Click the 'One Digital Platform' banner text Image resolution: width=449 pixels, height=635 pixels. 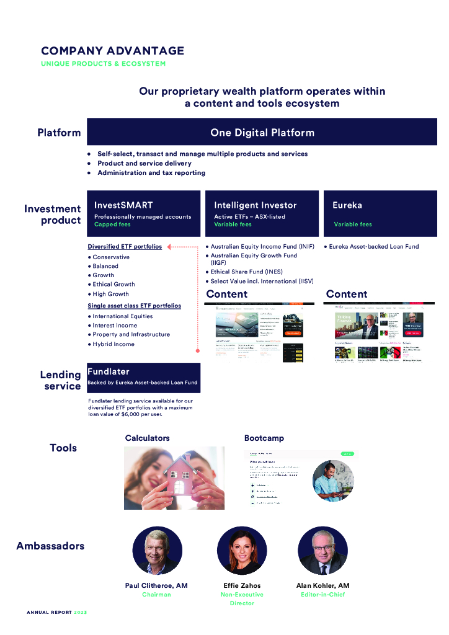262,132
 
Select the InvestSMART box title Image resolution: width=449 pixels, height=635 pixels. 123,205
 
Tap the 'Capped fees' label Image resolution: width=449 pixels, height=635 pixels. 113,224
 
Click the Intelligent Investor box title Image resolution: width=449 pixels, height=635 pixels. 256,205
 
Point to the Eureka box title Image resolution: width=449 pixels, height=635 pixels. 347,205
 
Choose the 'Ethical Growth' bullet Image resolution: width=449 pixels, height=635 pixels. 113,285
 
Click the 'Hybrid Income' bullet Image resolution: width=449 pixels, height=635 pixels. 113,344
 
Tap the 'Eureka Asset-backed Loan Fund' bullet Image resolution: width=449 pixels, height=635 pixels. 374,247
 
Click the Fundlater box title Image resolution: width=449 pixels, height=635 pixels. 109,371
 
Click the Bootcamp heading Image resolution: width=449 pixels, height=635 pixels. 264,438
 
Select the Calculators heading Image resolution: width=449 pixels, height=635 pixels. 147,438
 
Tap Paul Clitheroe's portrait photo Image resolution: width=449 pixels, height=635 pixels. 157,551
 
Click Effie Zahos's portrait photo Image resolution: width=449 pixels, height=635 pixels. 241,551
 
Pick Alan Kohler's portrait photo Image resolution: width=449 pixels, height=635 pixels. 322,551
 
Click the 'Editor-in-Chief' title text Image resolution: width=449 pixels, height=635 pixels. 322,595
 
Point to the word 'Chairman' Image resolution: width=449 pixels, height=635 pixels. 156,595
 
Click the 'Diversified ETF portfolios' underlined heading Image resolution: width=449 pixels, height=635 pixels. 125,246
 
